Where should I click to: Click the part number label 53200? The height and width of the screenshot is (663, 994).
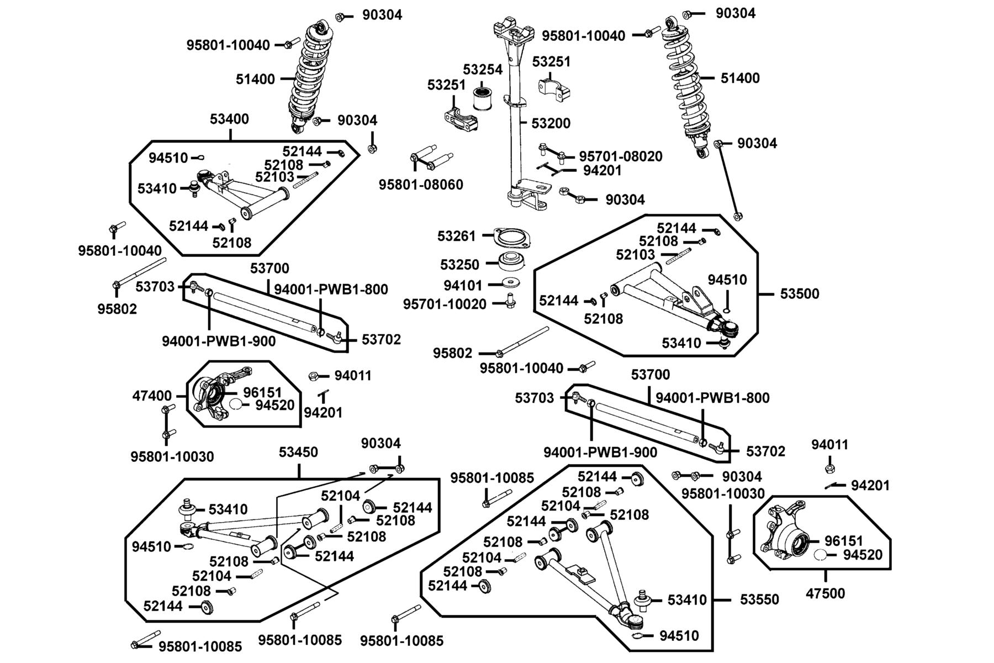pos(551,123)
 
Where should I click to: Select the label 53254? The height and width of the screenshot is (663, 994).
pos(483,70)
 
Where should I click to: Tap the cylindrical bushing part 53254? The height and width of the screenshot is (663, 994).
pos(484,99)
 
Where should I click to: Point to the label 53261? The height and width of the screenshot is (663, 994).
pos(456,236)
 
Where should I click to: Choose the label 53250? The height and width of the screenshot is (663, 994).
pos(459,265)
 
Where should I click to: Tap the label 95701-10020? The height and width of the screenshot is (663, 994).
pos(445,304)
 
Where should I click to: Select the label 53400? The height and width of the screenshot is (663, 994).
pos(229,119)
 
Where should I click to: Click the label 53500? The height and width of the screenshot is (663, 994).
pos(800,293)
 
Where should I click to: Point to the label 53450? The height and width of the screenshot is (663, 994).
pos(298,452)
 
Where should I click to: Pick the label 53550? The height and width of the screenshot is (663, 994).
pos(759,599)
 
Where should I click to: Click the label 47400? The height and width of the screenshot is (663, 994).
pos(152,396)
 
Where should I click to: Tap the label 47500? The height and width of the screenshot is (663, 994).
pos(826,594)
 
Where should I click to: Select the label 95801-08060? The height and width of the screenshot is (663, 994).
pos(421,185)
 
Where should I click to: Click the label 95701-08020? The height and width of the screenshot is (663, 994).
pos(621,156)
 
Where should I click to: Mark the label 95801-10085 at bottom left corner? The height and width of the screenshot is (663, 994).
pos(200,646)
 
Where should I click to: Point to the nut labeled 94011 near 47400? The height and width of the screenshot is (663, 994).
pos(313,376)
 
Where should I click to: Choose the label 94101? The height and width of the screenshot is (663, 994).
pos(463,286)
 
